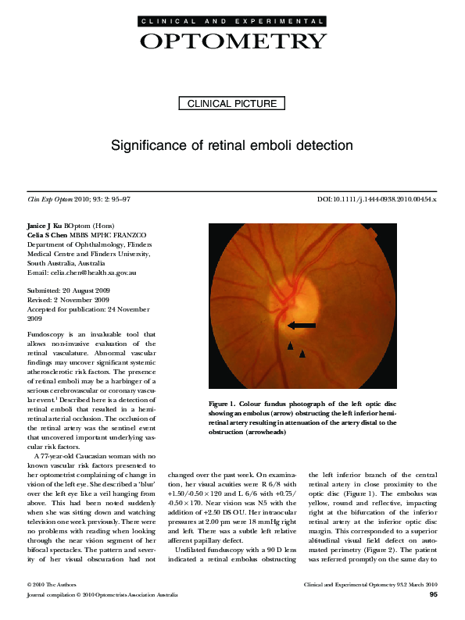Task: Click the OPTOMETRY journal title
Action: (x=232, y=41)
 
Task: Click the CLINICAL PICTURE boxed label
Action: (x=232, y=103)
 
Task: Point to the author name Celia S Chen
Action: (x=42, y=235)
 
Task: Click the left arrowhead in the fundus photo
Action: (x=290, y=345)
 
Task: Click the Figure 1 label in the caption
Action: (x=225, y=403)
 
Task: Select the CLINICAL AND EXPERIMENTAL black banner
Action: (x=232, y=22)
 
